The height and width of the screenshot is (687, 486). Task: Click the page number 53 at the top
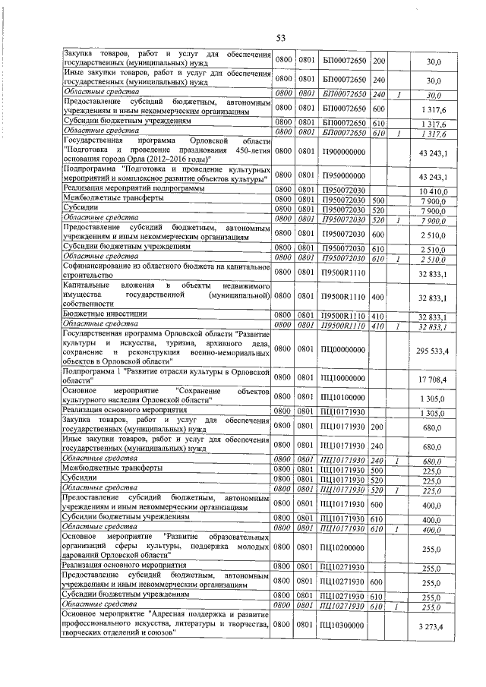(x=280, y=38)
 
